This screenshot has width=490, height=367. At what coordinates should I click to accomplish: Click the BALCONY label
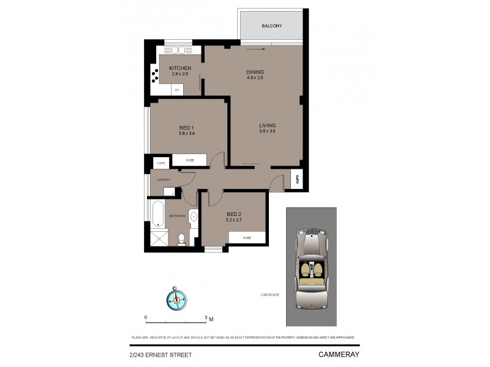271,26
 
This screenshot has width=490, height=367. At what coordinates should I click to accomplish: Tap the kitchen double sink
179,50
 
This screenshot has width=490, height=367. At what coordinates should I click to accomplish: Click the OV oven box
177,91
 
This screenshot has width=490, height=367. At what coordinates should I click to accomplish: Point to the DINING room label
255,72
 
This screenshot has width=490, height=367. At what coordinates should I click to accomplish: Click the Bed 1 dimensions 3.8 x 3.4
186,133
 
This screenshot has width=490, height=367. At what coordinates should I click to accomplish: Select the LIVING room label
267,125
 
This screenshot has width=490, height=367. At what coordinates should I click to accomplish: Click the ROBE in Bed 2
247,237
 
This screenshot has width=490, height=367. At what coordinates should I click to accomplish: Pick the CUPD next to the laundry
161,163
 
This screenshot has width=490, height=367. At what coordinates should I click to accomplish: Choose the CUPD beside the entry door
296,179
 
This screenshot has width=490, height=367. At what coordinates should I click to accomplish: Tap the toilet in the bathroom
181,239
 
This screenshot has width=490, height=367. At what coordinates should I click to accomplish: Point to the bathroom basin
194,216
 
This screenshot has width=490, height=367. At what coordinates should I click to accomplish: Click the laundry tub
168,191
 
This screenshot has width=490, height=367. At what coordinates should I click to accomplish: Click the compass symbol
176,298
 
